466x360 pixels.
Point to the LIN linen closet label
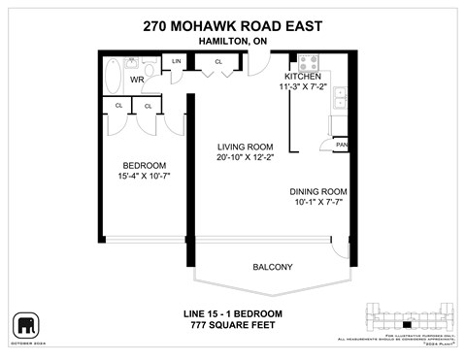[x=176, y=62]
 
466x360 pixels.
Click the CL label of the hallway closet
[x=218, y=62]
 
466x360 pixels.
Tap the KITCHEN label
[x=302, y=76]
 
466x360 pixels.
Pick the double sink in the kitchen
[x=342, y=96]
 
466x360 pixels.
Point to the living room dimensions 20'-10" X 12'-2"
[x=247, y=158]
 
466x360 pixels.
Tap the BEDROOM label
[x=143, y=164]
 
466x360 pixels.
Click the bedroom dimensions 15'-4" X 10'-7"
[x=143, y=177]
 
